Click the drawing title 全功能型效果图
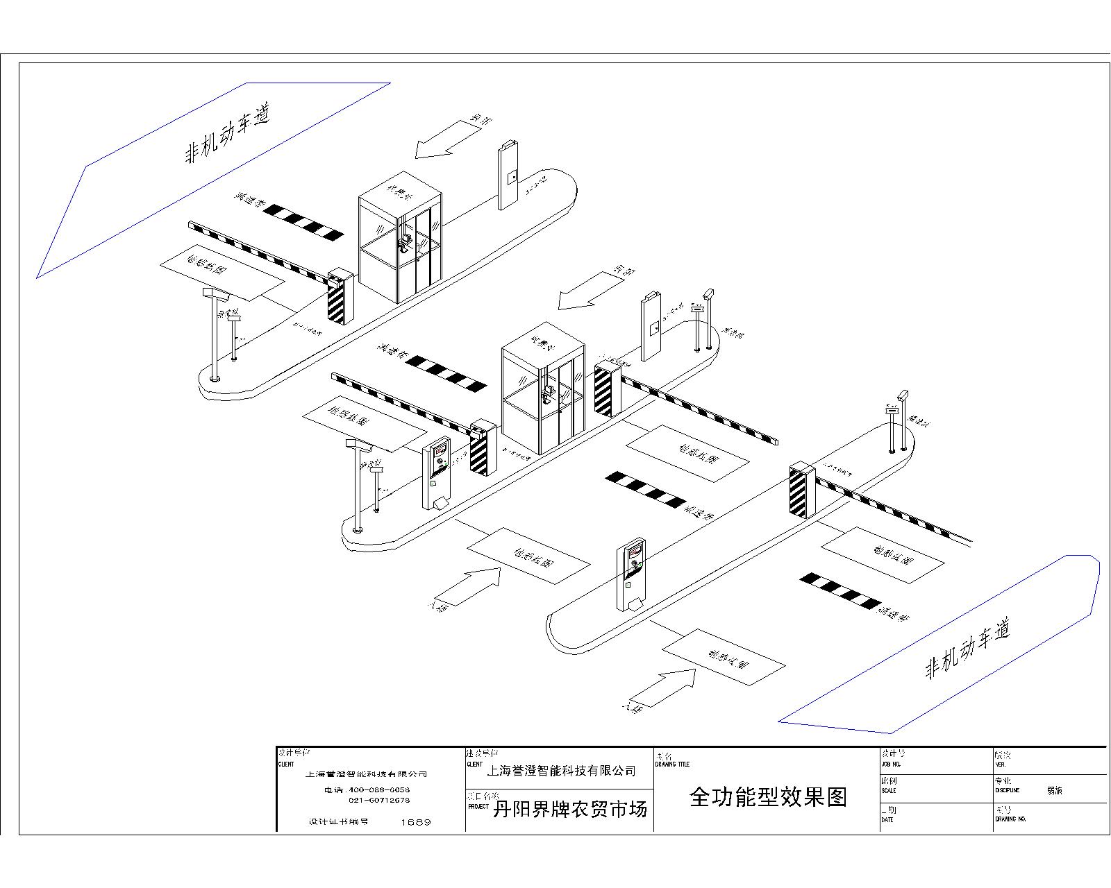768,797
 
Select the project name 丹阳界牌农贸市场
569,809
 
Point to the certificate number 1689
416,822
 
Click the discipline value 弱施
1054,790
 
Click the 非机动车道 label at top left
226,134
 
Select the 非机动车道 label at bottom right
966,649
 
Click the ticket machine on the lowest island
630,576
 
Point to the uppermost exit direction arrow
447,137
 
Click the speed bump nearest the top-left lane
303,222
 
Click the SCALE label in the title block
888,790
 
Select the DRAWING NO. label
1010,819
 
